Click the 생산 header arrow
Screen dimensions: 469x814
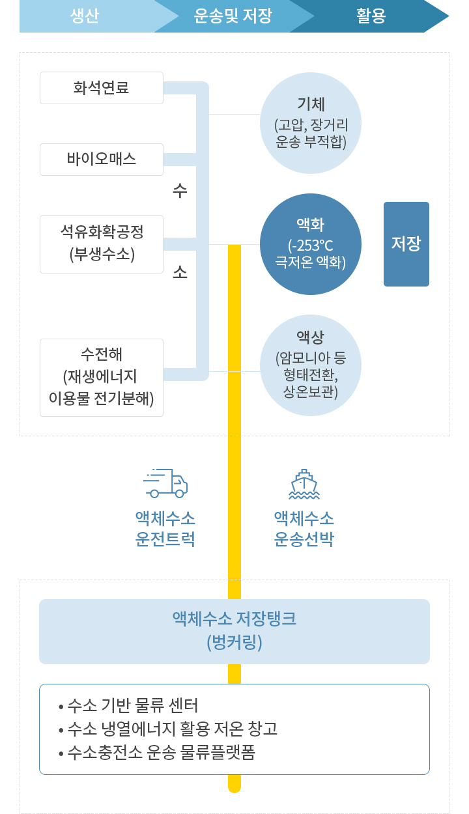(91, 16)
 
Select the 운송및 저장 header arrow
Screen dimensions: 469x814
(233, 16)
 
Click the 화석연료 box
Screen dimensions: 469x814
(102, 88)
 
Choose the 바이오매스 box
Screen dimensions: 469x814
(102, 160)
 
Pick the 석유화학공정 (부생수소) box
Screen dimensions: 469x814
(102, 244)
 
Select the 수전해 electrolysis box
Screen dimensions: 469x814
(102, 378)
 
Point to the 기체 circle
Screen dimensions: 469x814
(311, 123)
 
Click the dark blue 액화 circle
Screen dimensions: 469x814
(311, 244)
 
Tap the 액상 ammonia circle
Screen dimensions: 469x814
(311, 365)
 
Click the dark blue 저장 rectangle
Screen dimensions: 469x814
(406, 244)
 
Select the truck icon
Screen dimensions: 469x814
(165, 483)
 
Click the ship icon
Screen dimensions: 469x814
(304, 484)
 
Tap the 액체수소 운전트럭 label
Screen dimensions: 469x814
(165, 529)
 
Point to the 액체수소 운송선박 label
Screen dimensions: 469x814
(304, 529)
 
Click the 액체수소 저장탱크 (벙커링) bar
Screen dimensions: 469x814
(234, 632)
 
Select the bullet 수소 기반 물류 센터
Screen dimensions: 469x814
(128, 705)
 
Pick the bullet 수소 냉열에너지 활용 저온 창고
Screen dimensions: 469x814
(168, 729)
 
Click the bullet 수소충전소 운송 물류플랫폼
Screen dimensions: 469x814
(157, 752)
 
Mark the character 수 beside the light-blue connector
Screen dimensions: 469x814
(180, 190)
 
